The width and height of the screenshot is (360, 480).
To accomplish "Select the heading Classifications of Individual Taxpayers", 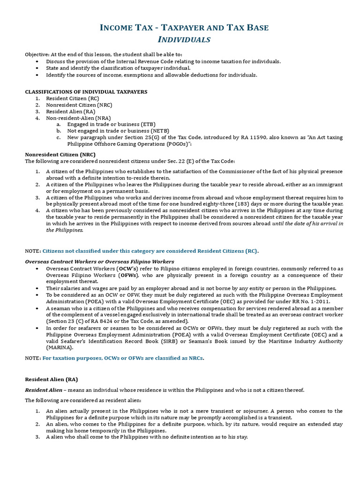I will pyautogui.click(x=86, y=91).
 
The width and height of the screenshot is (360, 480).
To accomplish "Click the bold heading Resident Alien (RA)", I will pyautogui.click(x=51, y=379).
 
